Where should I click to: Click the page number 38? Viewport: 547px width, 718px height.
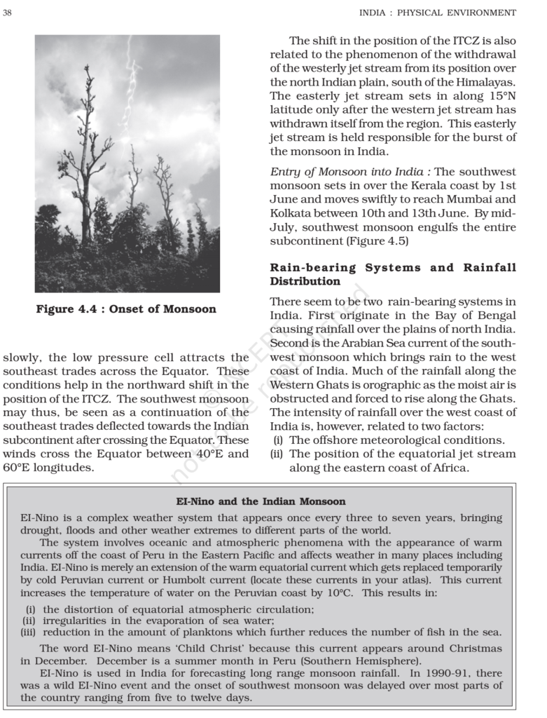tap(8, 13)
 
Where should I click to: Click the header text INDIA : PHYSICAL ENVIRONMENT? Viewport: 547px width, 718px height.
tap(438, 13)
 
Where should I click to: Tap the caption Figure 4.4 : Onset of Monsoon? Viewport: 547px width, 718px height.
tap(127, 309)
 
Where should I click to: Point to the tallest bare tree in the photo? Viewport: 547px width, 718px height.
tap(86, 154)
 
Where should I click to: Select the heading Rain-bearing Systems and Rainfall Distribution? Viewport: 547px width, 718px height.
tap(393, 274)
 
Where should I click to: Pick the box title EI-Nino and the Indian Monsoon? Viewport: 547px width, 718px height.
tap(261, 501)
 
